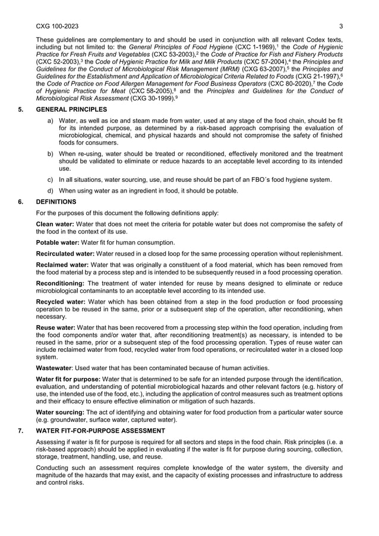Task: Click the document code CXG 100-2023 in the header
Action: (56, 26)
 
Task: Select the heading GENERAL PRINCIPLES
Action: (72, 109)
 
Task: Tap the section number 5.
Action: (21, 109)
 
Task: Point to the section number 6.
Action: (21, 201)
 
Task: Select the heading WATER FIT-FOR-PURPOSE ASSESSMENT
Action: (100, 430)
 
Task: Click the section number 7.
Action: (21, 430)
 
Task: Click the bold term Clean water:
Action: (55, 224)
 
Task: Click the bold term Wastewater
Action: (56, 368)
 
